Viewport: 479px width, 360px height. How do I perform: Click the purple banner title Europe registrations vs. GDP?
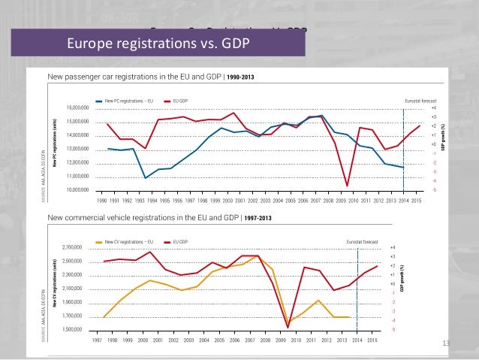158,42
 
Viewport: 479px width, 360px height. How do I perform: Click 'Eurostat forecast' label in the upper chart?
420,101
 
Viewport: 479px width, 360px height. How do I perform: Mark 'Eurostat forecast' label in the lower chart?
363,241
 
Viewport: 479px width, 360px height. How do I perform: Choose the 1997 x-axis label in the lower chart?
97,340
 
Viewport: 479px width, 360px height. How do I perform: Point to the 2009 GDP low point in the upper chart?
347,185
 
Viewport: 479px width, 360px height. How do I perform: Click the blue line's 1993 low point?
146,177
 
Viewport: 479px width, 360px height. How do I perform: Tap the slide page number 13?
445,343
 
